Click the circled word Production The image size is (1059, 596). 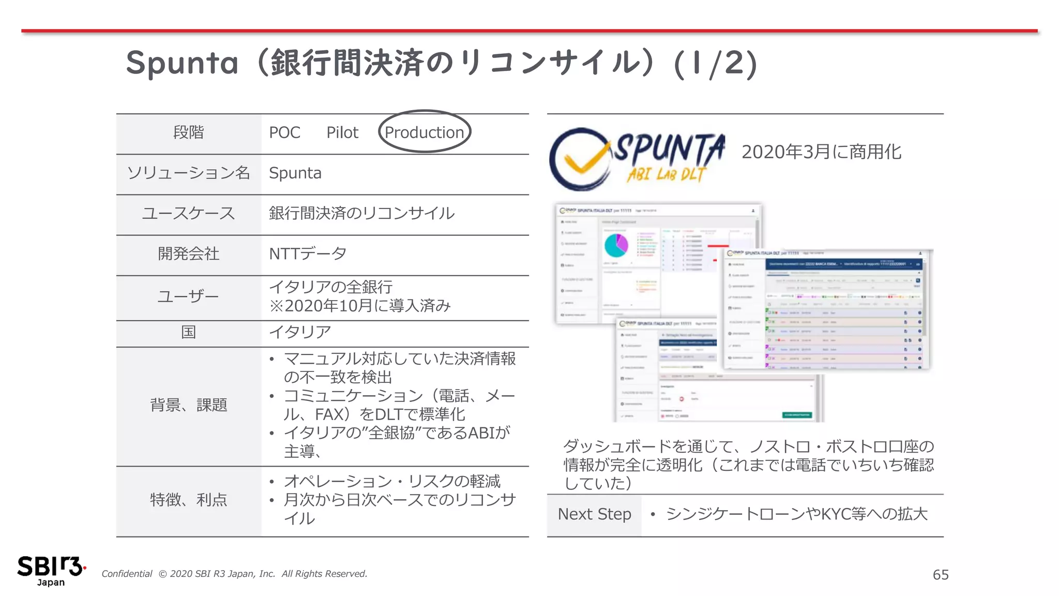424,132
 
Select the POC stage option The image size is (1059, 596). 284,132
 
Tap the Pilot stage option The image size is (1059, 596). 342,132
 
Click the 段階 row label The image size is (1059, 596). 188,132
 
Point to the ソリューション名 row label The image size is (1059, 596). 188,173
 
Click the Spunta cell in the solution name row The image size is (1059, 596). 295,173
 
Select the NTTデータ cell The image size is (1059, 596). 308,254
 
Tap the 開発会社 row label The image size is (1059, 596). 188,254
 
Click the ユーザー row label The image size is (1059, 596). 188,296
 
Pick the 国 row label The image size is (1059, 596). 188,332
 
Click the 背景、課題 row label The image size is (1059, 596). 188,405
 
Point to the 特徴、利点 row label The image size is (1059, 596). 188,500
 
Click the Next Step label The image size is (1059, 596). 594,514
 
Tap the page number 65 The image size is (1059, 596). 941,575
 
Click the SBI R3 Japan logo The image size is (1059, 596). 51,570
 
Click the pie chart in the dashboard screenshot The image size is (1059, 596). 616,245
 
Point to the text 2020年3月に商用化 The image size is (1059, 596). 821,152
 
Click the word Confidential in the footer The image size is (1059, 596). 127,574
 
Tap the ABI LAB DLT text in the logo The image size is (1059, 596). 666,174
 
